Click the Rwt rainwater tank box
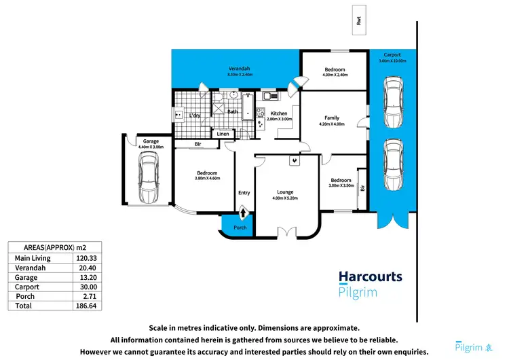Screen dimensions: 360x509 (x=358, y=20)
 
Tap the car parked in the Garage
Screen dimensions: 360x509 (x=148, y=177)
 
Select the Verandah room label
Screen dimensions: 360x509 (x=239, y=69)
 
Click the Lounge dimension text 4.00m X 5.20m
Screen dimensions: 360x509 (x=285, y=198)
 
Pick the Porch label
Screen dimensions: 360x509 (x=240, y=228)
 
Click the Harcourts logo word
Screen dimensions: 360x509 (x=371, y=277)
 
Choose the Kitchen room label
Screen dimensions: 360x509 (x=279, y=113)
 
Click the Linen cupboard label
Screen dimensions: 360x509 (x=223, y=134)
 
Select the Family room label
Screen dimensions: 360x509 (x=331, y=118)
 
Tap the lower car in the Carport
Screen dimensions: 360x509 (x=392, y=166)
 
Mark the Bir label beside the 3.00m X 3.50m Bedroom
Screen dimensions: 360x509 (x=364, y=188)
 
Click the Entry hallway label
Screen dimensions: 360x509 (x=244, y=193)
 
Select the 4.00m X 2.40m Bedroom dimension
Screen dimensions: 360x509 (x=335, y=75)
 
